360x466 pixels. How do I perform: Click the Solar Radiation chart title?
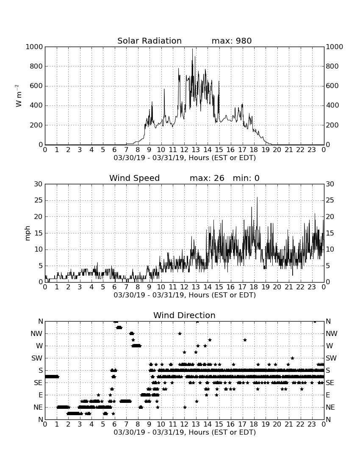(x=150, y=41)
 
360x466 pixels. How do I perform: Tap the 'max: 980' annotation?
(x=232, y=41)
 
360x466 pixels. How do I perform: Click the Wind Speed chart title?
(x=135, y=178)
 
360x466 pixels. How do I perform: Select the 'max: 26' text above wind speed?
(x=207, y=178)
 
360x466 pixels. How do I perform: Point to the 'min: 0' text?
(x=246, y=178)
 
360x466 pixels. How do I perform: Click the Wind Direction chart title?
(x=184, y=315)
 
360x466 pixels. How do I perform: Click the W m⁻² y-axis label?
(x=19, y=96)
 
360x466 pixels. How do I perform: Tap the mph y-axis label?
(x=28, y=233)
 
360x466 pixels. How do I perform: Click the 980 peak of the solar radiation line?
(x=192, y=49)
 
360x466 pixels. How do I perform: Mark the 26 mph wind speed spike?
(x=257, y=197)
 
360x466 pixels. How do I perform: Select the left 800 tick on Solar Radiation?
(x=36, y=66)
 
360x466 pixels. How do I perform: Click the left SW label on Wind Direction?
(x=37, y=358)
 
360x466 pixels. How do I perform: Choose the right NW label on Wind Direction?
(x=332, y=333)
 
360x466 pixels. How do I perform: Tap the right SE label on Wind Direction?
(x=330, y=383)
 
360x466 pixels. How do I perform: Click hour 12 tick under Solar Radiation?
(x=184, y=150)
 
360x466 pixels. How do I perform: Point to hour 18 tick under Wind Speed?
(x=254, y=287)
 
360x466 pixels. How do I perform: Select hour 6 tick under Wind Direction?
(x=114, y=424)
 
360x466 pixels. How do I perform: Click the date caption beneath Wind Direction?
(x=185, y=432)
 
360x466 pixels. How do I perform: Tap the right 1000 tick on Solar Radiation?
(x=335, y=47)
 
